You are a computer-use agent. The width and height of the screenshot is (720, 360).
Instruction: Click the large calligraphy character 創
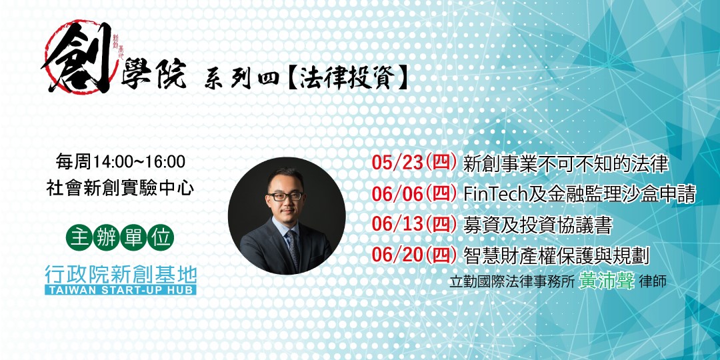[77, 57]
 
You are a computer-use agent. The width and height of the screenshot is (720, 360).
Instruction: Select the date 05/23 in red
[397, 164]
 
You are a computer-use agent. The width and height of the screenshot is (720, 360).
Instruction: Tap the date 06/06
[397, 195]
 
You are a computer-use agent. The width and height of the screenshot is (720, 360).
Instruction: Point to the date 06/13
[397, 225]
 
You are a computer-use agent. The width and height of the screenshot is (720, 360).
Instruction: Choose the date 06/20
[397, 256]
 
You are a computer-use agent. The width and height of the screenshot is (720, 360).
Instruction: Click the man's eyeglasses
[285, 196]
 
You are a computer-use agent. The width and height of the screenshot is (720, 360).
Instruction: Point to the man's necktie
[293, 249]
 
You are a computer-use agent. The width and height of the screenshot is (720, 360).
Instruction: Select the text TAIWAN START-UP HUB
[120, 290]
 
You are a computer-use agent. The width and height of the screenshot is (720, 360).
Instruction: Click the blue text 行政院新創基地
[120, 275]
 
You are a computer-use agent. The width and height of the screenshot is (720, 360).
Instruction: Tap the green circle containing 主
[79, 237]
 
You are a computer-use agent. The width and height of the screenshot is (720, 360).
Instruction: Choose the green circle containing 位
[161, 237]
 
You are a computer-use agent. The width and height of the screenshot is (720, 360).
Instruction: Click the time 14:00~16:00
[139, 162]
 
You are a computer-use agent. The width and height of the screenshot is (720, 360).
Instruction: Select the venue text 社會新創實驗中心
[120, 189]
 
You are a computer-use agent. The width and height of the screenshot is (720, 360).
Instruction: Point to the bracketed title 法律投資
[347, 79]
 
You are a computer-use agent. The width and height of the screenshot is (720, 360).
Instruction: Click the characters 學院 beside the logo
[153, 73]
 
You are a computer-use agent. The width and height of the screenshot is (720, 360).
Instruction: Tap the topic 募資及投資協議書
[538, 225]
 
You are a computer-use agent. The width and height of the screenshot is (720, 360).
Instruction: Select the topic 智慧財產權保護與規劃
[556, 256]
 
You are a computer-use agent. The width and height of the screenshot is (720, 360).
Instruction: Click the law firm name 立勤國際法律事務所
[513, 282]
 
